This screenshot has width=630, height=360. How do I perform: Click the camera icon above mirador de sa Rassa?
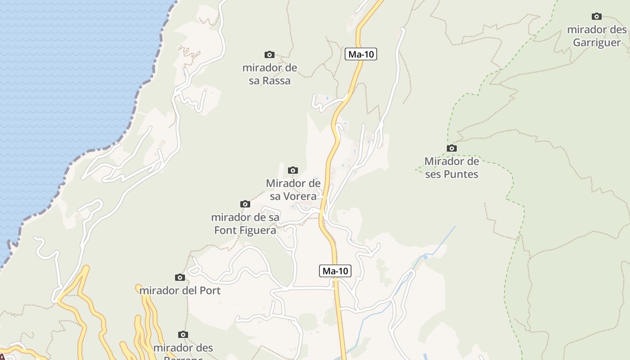tap(270, 55)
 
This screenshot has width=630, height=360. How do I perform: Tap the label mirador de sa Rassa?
tap(270, 74)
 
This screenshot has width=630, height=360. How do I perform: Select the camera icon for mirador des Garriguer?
tap(597, 17)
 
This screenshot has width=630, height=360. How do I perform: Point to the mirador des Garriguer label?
tap(597, 36)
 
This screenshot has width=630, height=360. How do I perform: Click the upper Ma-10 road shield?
tap(361, 54)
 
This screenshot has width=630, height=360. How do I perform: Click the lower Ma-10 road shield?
tap(335, 271)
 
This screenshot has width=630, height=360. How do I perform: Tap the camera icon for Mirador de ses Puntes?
tap(452, 148)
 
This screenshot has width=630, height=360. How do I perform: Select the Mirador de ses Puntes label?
tap(452, 167)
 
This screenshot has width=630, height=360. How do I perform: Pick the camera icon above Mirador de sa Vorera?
tap(293, 171)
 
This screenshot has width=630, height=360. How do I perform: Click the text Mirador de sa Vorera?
tap(293, 189)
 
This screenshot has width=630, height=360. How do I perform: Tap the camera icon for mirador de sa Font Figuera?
tap(245, 204)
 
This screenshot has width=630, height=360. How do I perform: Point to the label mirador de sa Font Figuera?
tap(245, 224)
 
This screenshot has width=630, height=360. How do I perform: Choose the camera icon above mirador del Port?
tap(180, 277)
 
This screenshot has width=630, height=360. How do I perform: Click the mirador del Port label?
tap(180, 290)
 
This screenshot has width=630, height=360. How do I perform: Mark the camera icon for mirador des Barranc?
tap(183, 334)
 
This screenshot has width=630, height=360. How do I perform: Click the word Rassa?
tap(276, 81)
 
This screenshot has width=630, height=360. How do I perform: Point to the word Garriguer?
tap(597, 43)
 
